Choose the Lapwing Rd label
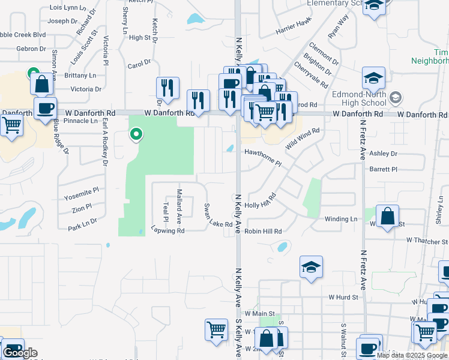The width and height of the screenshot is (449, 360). (x=167, y=230)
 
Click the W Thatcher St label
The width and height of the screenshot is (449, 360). (x=427, y=240)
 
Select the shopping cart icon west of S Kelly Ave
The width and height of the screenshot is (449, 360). (x=216, y=329)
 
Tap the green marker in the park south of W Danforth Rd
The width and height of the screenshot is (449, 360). (x=136, y=134)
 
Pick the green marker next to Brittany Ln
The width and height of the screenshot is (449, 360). (x=33, y=74)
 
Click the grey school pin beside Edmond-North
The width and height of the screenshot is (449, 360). (x=395, y=98)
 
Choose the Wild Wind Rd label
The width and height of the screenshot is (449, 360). (x=303, y=139)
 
